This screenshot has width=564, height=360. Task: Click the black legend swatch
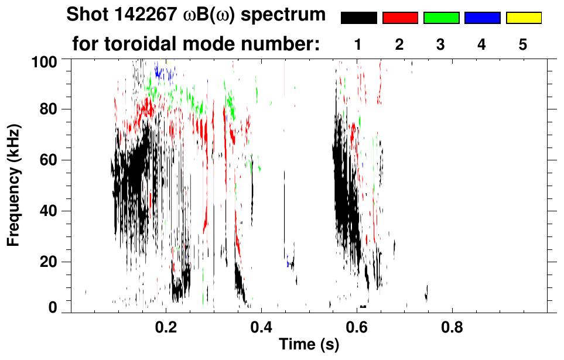359,18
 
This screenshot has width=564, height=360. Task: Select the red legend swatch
400,18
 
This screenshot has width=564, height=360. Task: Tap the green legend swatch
441,18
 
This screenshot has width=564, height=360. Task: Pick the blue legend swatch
482,18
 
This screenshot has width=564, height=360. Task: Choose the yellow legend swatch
523,18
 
